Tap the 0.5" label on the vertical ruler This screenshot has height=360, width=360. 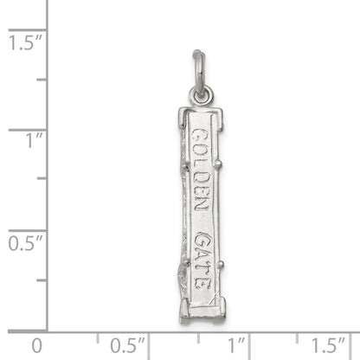click(22, 242)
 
